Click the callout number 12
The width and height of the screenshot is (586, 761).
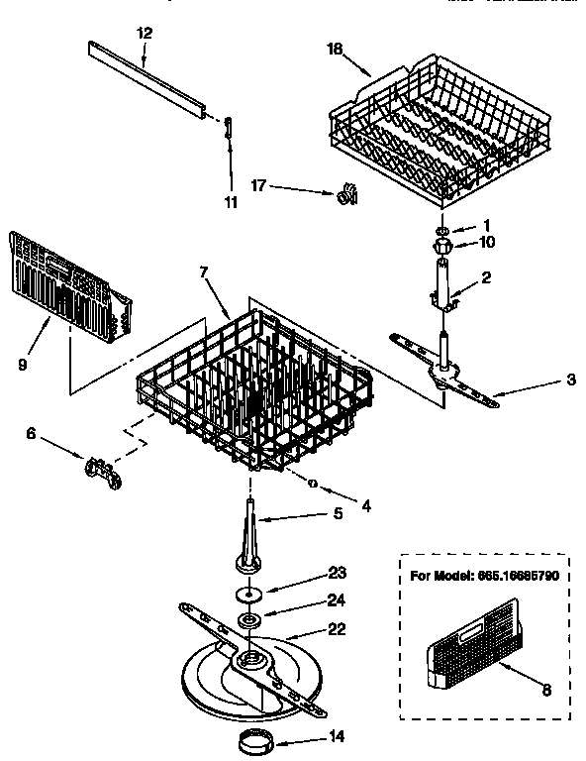145,33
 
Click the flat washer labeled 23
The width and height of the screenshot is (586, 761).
249,595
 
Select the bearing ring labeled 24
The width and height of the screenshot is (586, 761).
249,621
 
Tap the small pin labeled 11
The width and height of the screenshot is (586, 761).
229,127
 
